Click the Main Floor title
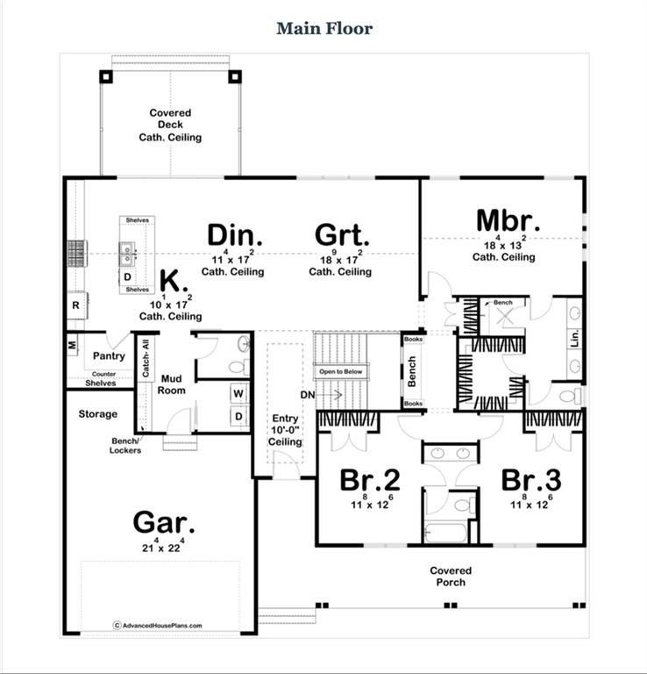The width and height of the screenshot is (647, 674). pyautogui.click(x=324, y=28)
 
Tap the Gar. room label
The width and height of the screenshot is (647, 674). pyautogui.click(x=163, y=522)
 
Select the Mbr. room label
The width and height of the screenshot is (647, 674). pyautogui.click(x=508, y=220)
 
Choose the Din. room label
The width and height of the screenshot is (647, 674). pyautogui.click(x=235, y=235)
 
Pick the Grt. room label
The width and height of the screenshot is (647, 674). pyautogui.click(x=342, y=235)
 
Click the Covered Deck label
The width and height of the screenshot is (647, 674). pyautogui.click(x=170, y=125)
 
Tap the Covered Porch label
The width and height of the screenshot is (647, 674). pyautogui.click(x=451, y=577)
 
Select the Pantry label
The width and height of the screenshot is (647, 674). pyautogui.click(x=108, y=356)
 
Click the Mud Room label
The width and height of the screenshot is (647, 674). pyautogui.click(x=172, y=384)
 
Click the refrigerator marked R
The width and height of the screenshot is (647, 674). pyautogui.click(x=76, y=306)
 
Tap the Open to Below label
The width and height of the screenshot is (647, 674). pyautogui.click(x=339, y=370)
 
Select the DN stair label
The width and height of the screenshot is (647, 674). pyautogui.click(x=307, y=396)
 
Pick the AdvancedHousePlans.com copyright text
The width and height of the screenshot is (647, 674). pyautogui.click(x=158, y=626)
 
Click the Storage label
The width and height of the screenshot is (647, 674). pyautogui.click(x=97, y=413)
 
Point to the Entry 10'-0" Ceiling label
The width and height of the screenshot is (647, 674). pyautogui.click(x=285, y=431)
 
